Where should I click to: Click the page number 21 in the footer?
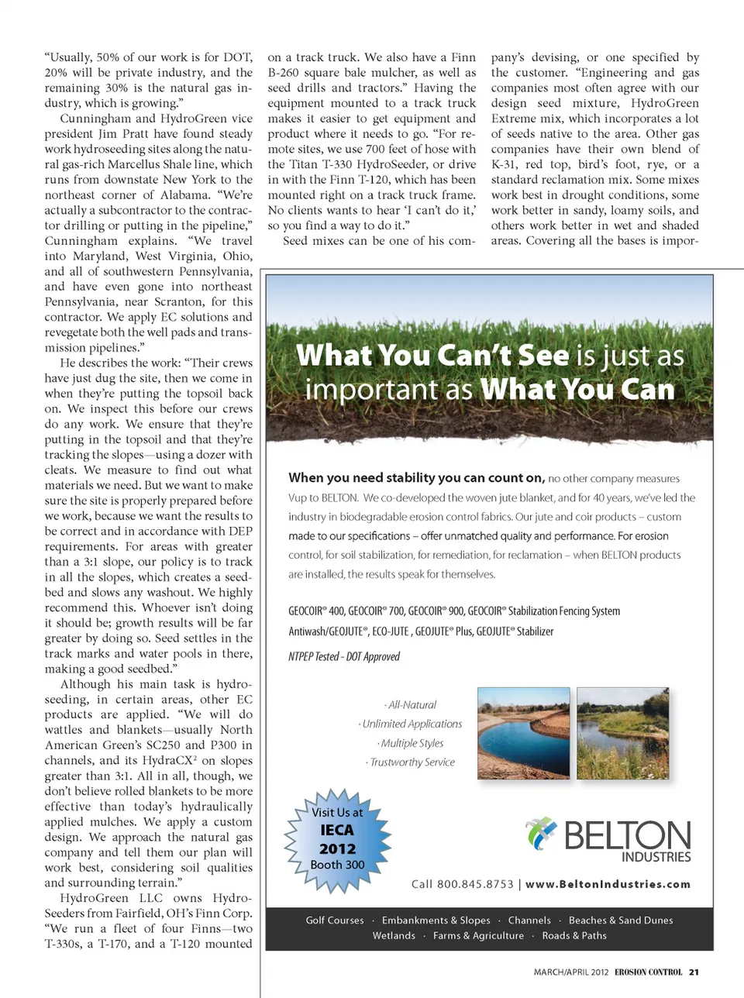694,972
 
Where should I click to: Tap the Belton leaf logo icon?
542,834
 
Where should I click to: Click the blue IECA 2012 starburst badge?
337,839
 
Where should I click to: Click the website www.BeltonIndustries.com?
608,884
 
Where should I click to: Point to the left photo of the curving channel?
524,733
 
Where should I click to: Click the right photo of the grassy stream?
622,733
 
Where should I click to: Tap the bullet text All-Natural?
411,705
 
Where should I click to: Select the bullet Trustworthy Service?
412,762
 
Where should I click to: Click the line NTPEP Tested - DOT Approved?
344,656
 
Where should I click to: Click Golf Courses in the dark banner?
335,921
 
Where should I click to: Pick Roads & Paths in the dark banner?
574,936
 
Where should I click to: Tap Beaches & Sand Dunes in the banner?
621,921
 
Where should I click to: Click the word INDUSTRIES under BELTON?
656,857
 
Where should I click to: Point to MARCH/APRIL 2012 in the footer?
571,972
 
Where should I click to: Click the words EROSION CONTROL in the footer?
649,972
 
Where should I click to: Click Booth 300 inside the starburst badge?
337,865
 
